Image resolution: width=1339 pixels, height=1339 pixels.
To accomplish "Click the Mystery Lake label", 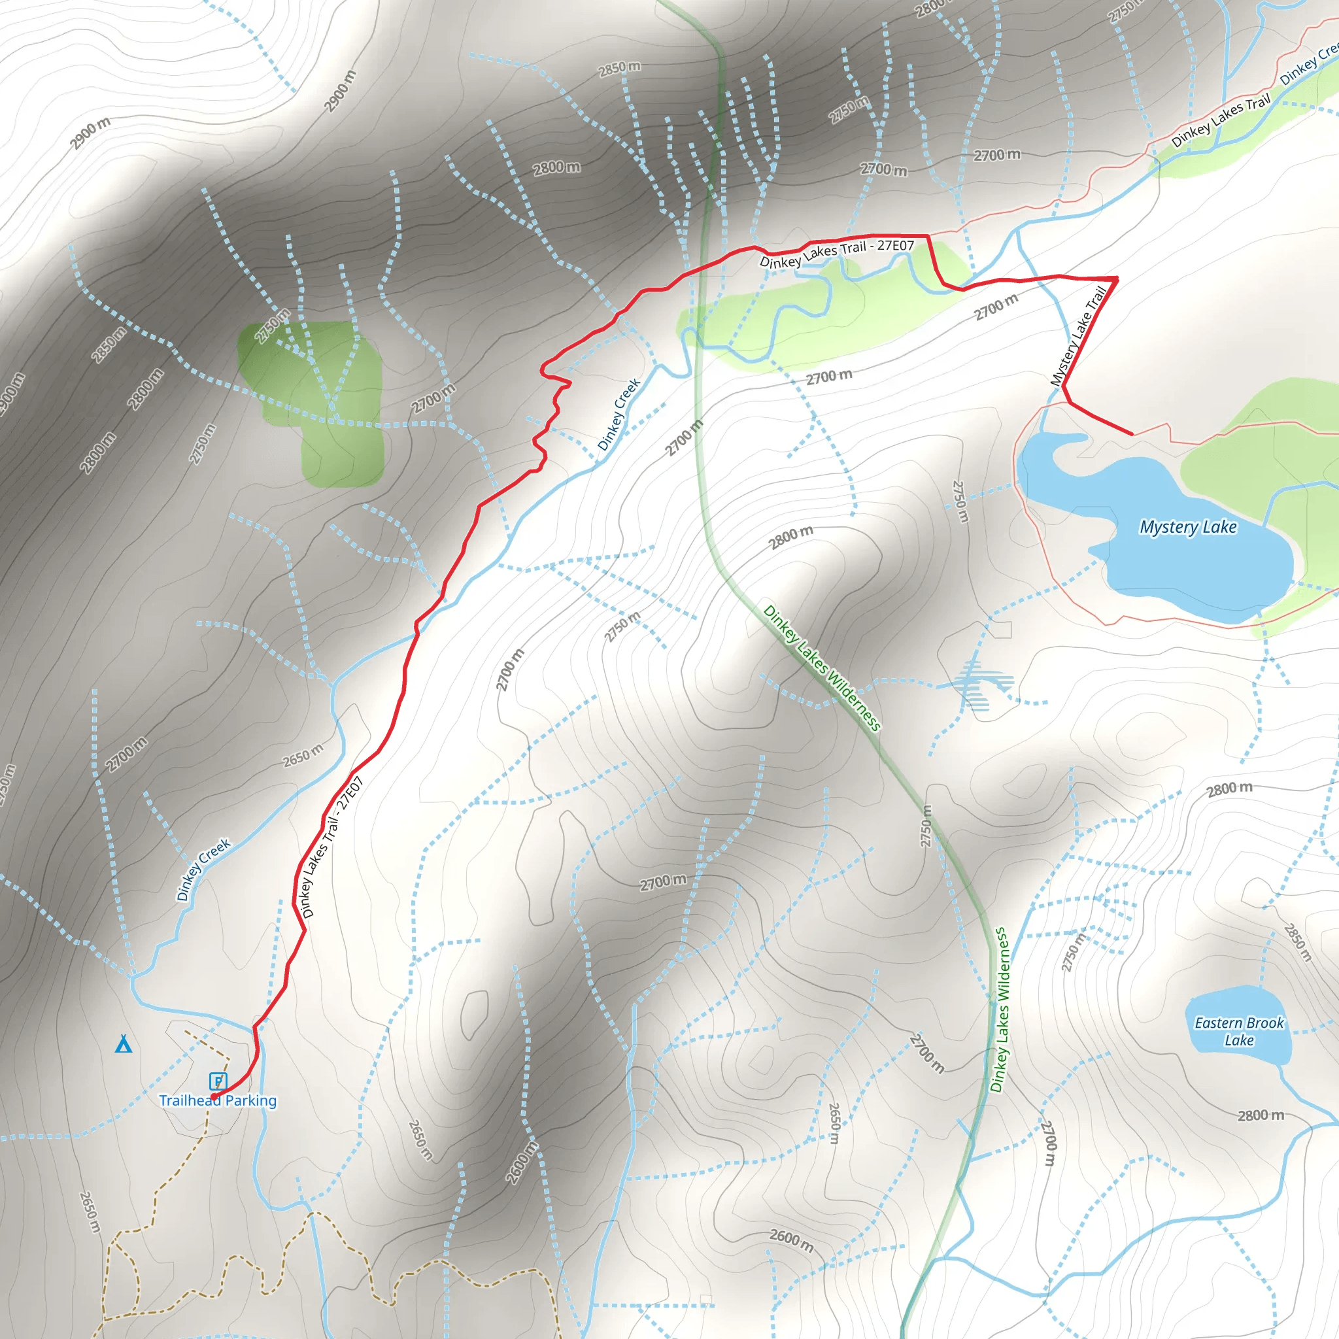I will coord(1188,528).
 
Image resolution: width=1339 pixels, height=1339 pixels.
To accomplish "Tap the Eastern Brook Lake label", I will coord(1239,1031).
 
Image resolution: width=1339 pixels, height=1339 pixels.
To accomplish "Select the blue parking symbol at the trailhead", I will coord(218,1081).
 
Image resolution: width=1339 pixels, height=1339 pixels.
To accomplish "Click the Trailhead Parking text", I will coord(218,1100).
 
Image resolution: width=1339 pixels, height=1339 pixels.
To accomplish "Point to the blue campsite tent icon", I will coord(124,1043).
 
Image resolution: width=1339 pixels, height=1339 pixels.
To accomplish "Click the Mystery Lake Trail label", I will coord(1077,336).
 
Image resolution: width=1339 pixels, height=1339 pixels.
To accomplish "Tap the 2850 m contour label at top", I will coord(619,69).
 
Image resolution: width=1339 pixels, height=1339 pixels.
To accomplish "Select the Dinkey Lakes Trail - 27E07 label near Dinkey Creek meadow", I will coord(836,253).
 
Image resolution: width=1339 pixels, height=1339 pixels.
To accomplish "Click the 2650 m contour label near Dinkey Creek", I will coord(303,754).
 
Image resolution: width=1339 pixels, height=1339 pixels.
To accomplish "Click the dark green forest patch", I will coord(319,395).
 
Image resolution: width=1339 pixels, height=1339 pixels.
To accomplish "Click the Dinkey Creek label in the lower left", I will coord(203,869).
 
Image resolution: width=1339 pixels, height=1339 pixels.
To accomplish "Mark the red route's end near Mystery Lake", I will coord(1132,434).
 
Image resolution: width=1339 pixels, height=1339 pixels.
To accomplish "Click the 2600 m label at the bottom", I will coord(792,1240).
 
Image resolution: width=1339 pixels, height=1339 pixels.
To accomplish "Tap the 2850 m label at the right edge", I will coord(1297,942).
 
